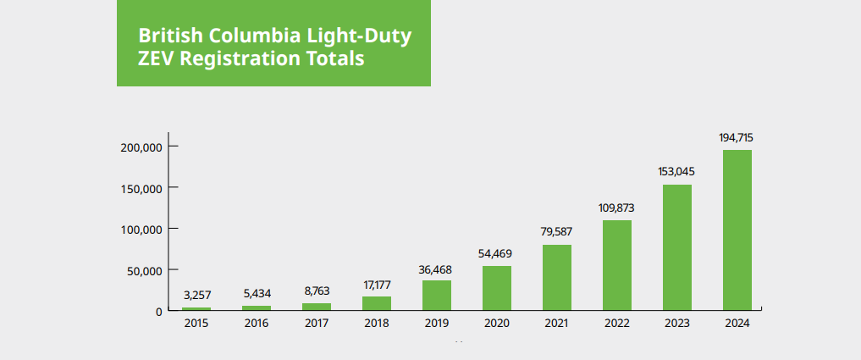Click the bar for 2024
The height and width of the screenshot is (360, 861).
click(737, 230)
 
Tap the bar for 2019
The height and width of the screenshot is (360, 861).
click(437, 296)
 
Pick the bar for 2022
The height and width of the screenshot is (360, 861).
click(617, 265)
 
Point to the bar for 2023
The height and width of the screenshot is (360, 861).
click(677, 247)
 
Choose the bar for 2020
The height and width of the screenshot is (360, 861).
click(497, 288)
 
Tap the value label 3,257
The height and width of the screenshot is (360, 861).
click(196, 295)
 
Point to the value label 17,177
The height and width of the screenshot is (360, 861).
click(377, 284)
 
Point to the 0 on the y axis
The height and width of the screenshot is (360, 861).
click(158, 312)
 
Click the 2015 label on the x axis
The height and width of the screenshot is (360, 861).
click(196, 324)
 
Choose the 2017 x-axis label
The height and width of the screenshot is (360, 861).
click(317, 324)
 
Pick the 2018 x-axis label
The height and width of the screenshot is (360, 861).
click(377, 324)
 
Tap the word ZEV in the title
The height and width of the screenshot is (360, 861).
click(157, 59)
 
